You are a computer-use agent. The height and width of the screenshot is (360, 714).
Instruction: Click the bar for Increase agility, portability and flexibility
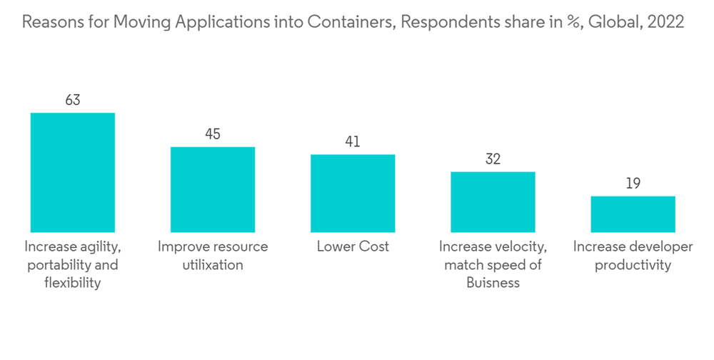click(72, 172)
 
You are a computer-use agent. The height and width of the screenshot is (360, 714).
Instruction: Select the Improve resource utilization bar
click(212, 189)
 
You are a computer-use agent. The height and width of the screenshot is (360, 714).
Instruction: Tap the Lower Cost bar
click(353, 193)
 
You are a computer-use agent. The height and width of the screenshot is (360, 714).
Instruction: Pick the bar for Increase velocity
click(493, 201)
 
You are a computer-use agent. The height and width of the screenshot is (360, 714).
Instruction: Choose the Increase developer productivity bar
click(633, 214)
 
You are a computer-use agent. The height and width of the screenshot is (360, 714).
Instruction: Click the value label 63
click(72, 100)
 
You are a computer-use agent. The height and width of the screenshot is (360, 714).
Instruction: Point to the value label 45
click(212, 134)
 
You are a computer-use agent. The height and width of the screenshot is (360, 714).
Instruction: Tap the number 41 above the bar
click(353, 141)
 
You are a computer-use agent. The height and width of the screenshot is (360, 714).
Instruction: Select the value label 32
click(493, 159)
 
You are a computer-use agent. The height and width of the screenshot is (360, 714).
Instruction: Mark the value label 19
click(633, 184)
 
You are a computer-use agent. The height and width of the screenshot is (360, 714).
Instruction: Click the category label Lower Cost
click(353, 247)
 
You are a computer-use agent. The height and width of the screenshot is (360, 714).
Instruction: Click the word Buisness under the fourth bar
click(493, 283)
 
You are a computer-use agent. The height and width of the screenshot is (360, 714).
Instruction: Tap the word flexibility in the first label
click(72, 283)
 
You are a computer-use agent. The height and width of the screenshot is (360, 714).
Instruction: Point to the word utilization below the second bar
click(212, 265)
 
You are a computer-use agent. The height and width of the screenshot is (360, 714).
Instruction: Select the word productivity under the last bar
click(633, 265)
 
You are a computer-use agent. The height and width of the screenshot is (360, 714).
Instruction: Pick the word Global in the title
click(611, 22)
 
